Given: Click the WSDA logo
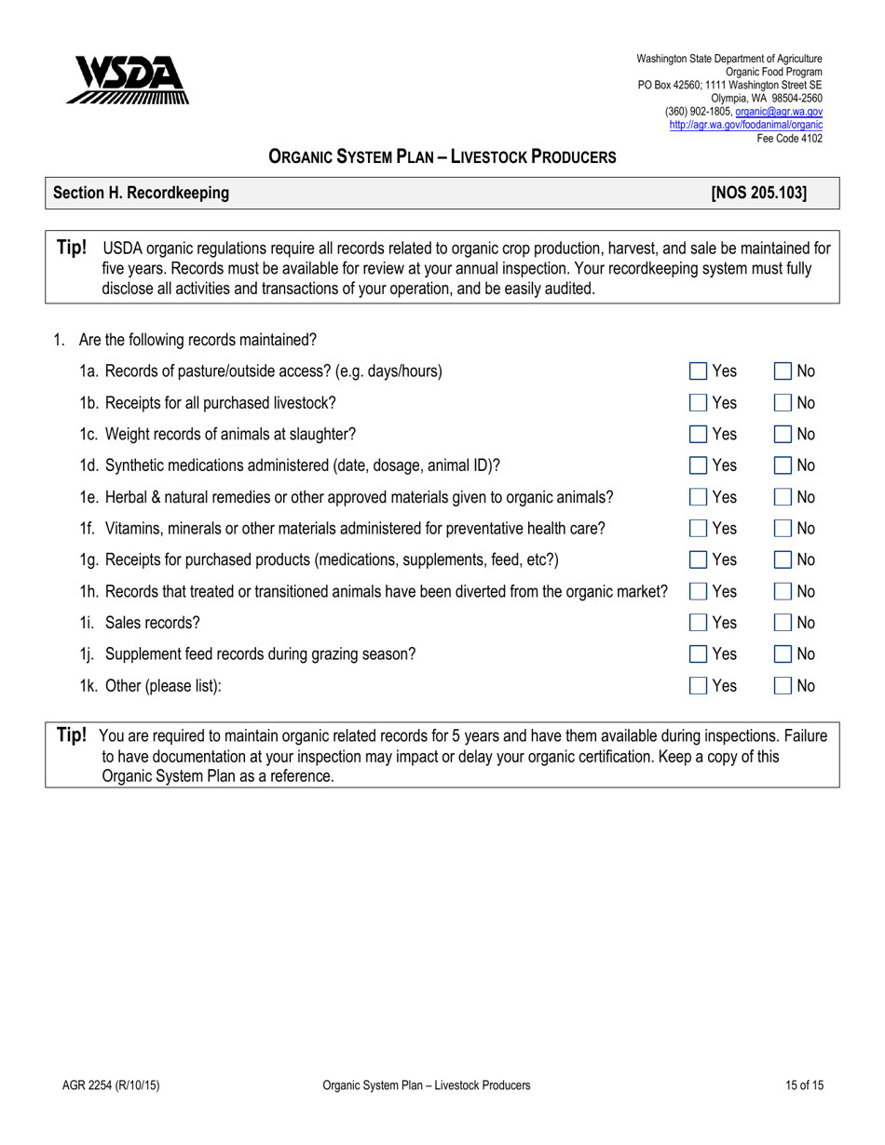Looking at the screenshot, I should (128, 79).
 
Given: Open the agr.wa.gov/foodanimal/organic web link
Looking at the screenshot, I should (745, 122).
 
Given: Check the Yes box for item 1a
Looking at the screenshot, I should (698, 371).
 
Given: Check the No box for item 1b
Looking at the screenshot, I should (783, 403).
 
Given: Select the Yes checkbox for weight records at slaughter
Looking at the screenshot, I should (698, 435).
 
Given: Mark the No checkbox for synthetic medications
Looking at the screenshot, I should (783, 465).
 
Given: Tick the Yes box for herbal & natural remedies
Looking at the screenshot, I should (698, 497).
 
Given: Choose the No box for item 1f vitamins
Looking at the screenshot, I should (783, 529).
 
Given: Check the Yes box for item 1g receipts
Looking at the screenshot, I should (698, 560).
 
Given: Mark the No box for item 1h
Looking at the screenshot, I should (783, 591).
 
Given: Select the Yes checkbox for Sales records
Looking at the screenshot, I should (698, 623).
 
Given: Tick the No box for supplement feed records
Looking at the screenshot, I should (783, 654).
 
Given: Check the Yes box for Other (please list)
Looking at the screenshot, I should (698, 686).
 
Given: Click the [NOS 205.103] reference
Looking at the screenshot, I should (758, 194).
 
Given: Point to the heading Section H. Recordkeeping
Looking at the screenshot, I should (141, 194).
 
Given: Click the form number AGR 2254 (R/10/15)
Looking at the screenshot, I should (102, 1085).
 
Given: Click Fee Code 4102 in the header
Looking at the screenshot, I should (788, 138).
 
